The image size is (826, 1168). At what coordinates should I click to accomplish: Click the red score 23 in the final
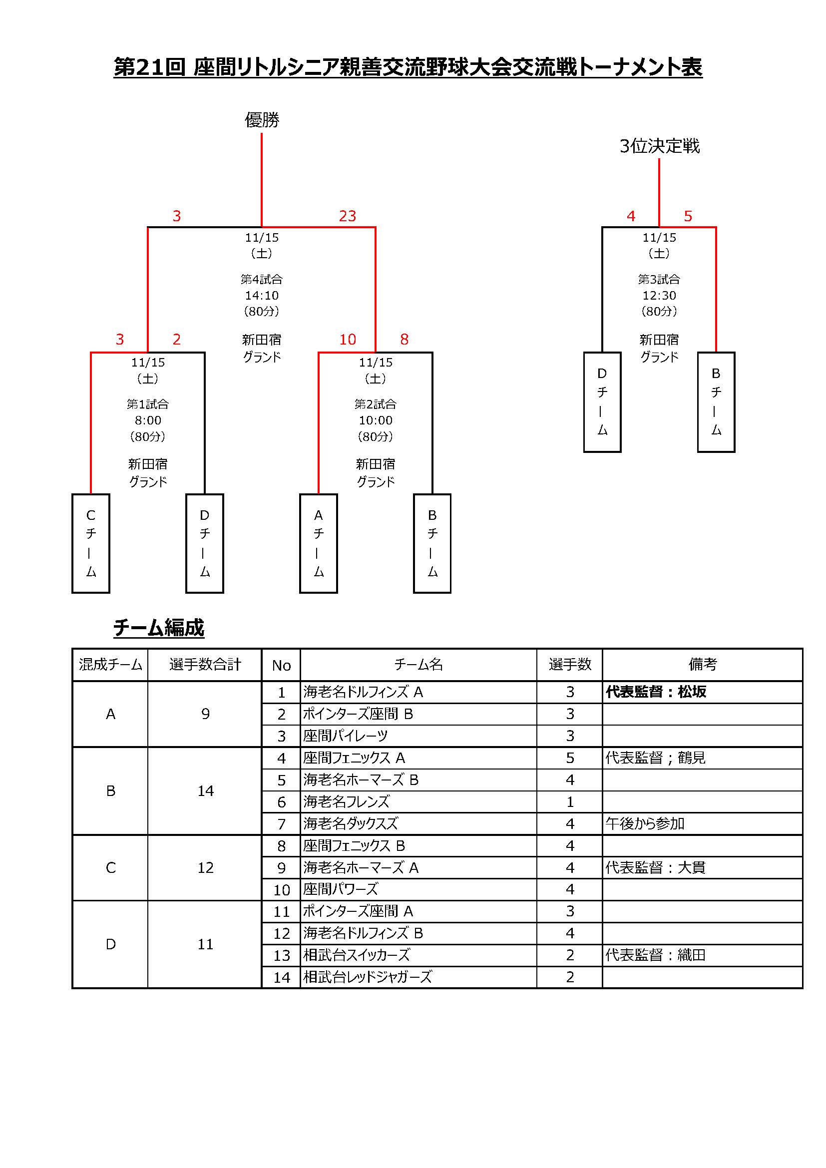348,216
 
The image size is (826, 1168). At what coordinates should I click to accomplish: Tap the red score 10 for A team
348,339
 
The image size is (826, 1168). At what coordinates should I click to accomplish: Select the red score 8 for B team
405,339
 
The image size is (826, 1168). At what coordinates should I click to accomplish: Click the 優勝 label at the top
262,120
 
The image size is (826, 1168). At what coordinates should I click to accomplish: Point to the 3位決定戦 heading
660,146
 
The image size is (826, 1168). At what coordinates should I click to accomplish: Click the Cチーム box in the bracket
91,543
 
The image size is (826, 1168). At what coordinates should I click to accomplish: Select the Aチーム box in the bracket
319,543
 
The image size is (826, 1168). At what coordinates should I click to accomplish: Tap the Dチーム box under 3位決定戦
602,402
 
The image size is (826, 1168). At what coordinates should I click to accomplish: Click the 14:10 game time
262,295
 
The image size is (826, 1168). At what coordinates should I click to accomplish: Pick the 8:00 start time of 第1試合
148,420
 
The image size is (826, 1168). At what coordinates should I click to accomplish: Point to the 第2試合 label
376,404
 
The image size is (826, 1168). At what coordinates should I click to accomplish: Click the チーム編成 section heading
159,628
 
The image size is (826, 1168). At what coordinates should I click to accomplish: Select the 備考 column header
703,664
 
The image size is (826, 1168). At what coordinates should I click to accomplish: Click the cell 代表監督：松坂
656,692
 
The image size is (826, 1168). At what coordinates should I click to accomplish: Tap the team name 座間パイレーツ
346,736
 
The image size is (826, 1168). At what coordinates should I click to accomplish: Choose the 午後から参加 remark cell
645,823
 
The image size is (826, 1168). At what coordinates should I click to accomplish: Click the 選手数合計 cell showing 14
205,790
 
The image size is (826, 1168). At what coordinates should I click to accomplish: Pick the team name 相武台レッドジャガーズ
368,977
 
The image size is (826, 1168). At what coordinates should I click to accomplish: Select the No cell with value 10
281,890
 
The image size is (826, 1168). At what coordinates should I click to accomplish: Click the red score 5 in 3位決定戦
688,216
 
